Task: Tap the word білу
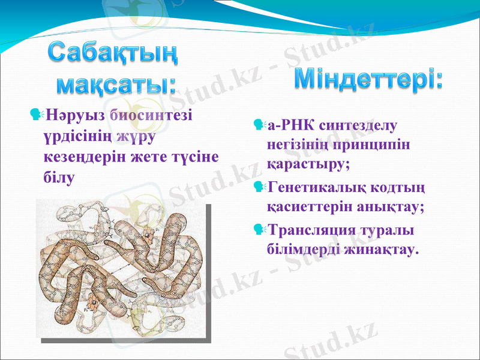coord(60,178)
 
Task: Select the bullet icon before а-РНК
coord(259,125)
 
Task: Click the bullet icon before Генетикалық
coord(259,187)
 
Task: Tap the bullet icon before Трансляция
coord(259,229)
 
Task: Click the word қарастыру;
coord(308,164)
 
